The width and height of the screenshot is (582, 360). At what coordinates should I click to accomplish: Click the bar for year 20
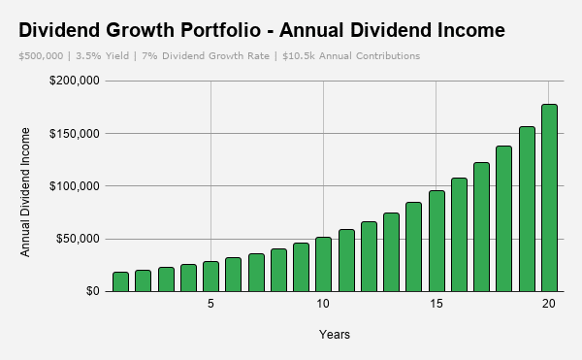coord(549,198)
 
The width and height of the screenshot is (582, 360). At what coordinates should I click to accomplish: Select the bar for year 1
coord(120,281)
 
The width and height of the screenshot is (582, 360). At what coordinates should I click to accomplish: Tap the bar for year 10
coord(323,264)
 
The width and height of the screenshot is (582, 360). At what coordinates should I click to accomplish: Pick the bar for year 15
coord(436,242)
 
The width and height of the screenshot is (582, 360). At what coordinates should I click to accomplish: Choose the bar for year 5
coord(210,277)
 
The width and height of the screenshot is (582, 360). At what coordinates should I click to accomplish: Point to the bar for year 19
coord(527,209)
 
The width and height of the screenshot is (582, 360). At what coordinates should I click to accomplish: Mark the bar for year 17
coord(481,227)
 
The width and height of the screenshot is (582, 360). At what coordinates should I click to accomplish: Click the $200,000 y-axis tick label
coord(75,81)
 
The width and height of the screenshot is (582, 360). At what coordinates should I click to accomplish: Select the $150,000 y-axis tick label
coord(75,134)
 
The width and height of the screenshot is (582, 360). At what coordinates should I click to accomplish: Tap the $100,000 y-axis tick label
coord(75,186)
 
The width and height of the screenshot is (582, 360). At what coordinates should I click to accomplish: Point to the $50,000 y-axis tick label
coord(78,239)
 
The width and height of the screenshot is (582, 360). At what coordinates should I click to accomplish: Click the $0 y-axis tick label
coord(93,291)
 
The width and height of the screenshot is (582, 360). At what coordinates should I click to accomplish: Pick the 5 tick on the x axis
coord(210,304)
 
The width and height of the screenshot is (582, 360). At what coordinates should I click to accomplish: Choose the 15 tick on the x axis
coord(436,304)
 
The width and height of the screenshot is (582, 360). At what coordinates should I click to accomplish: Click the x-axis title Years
coord(335,335)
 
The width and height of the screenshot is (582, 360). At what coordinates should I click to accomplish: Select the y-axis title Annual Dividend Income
coord(25,192)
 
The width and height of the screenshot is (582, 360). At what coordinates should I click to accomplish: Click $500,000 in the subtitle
coord(41,56)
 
